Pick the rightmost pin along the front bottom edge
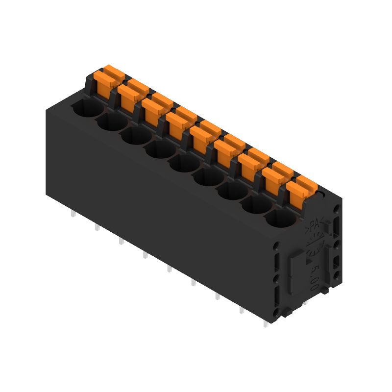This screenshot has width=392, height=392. pyautogui.click(x=265, y=323)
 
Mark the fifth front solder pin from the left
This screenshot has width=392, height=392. pyautogui.click(x=169, y=269)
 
